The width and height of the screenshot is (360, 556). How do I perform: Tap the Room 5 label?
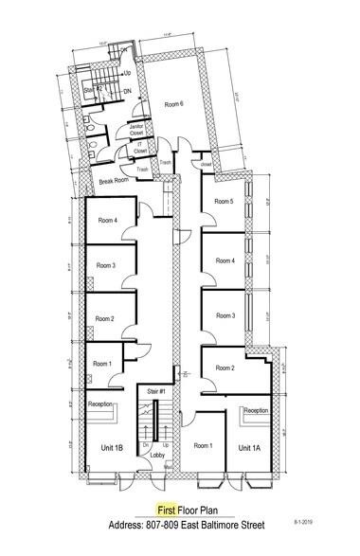pyautogui.click(x=224, y=201)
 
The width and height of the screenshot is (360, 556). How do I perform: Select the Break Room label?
pyautogui.click(x=114, y=180)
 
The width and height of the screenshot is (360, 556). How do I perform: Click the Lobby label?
pyautogui.click(x=157, y=455)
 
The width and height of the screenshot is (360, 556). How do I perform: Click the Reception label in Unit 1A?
pyautogui.click(x=257, y=411)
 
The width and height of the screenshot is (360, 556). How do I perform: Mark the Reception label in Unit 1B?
pyautogui.click(x=100, y=404)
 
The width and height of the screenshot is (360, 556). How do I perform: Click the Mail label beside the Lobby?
pyautogui.click(x=167, y=465)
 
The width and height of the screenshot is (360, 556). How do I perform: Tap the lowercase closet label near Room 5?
pyautogui.click(x=207, y=163)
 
